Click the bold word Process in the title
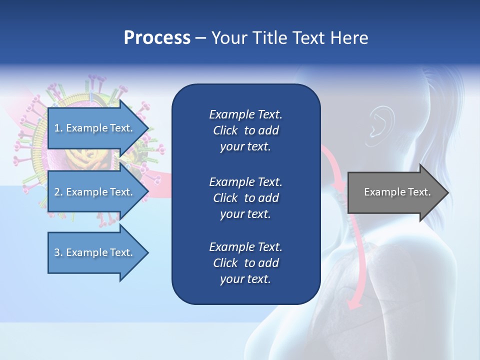(157, 38)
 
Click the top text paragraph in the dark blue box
(245, 130)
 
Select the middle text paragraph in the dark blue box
(245, 198)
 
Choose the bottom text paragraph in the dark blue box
(245, 263)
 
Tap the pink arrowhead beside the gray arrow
(340, 186)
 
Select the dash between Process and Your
(200, 38)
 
